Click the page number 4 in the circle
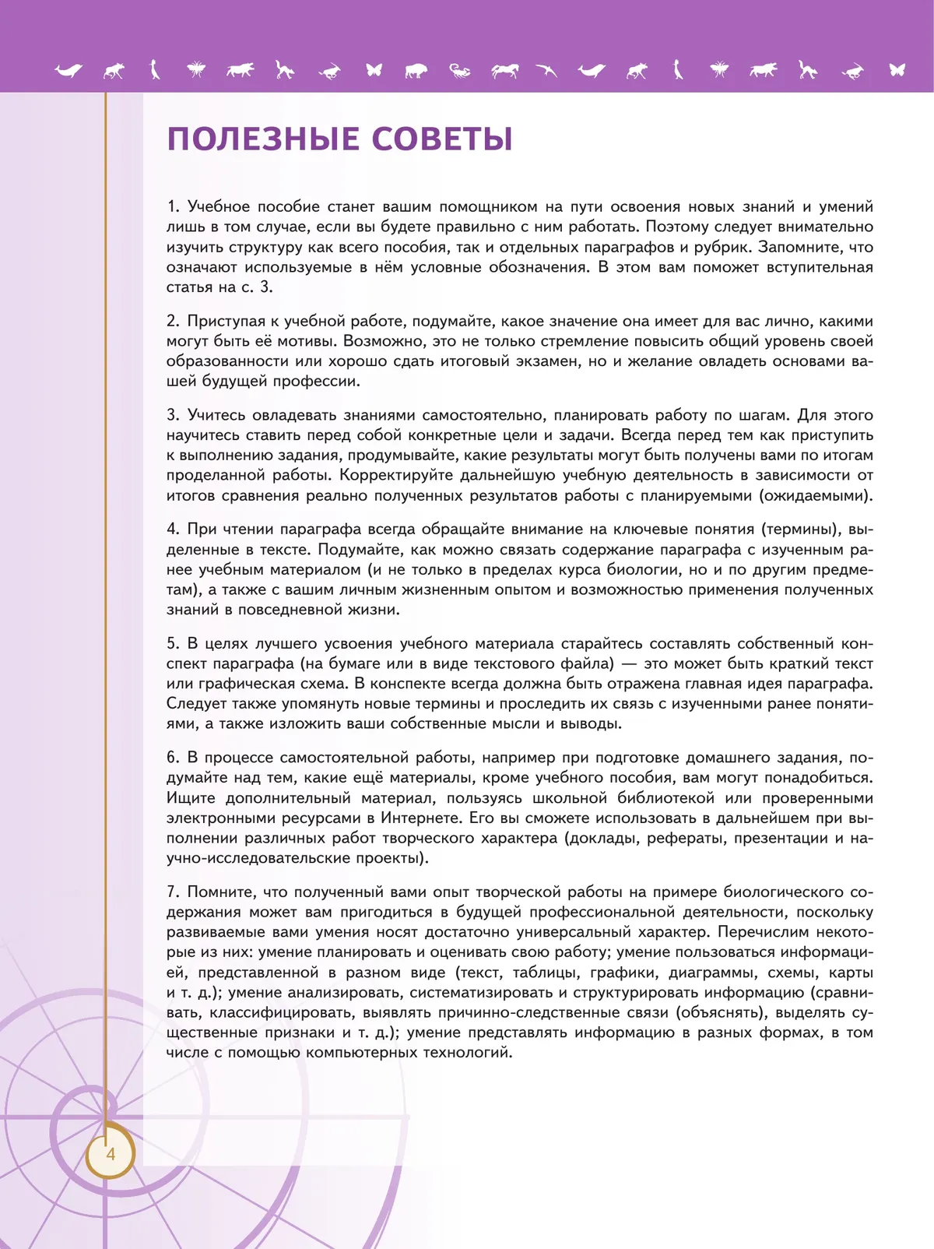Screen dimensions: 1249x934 tap(110, 1154)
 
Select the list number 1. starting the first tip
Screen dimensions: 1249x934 tap(173, 206)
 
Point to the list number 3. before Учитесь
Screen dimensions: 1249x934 tap(173, 415)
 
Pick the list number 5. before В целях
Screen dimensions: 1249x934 tap(173, 643)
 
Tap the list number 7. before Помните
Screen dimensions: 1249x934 tap(173, 892)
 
